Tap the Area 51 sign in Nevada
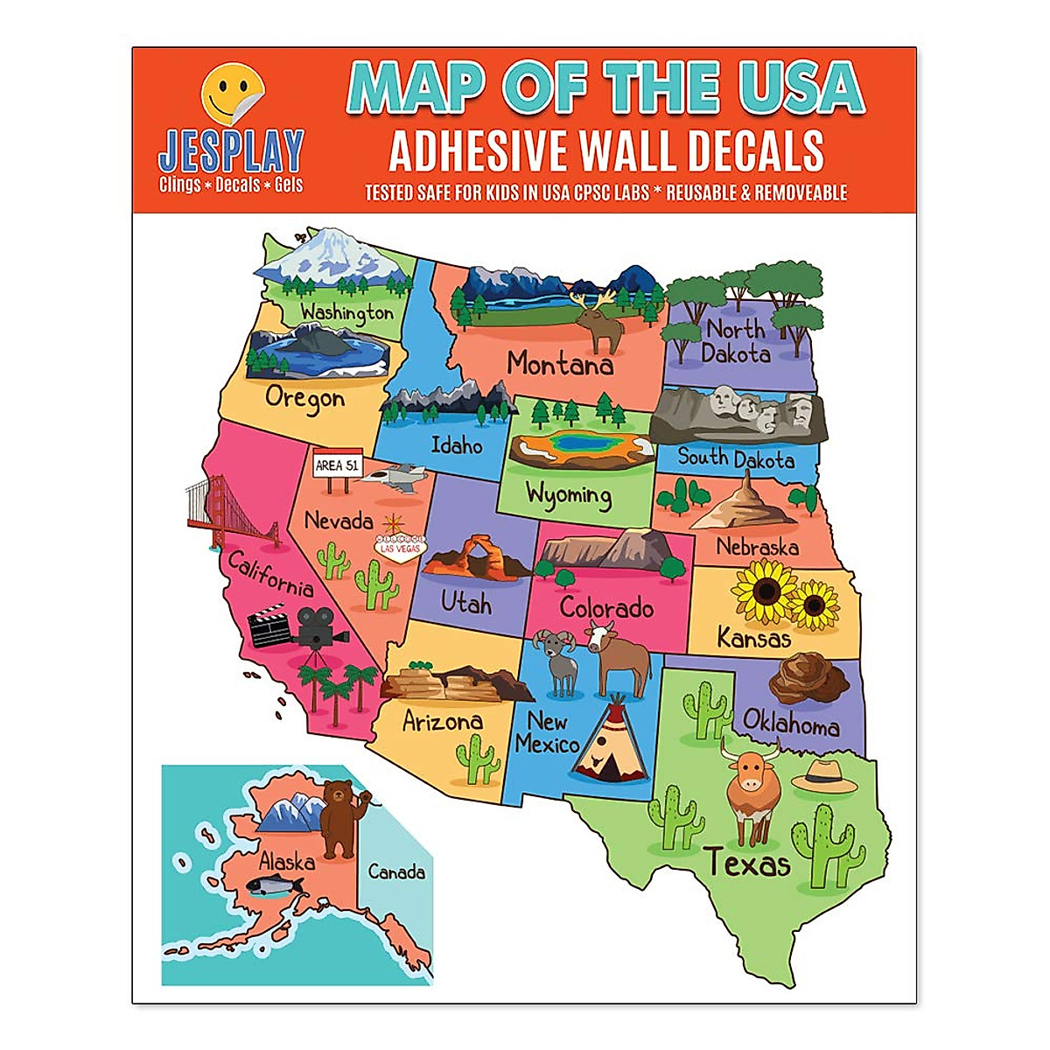click(x=337, y=465)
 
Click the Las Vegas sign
click(x=399, y=547)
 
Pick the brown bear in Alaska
click(x=339, y=817)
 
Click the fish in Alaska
click(x=273, y=886)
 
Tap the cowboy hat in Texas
click(x=823, y=774)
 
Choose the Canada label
click(x=396, y=871)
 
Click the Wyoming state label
click(x=568, y=495)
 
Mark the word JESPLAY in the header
click(x=231, y=150)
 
